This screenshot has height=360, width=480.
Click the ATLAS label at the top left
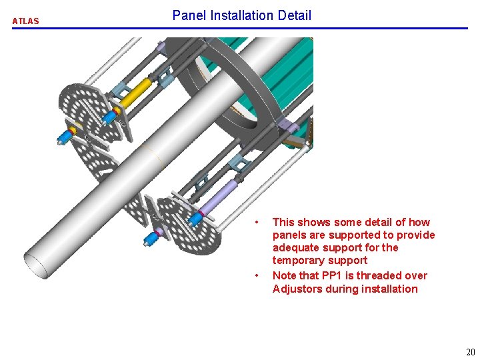click(x=26, y=21)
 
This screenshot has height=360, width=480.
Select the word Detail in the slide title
click(x=296, y=15)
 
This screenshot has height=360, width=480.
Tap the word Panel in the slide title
click(x=189, y=15)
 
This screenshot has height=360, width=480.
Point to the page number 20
click(x=471, y=353)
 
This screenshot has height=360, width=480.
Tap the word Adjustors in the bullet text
click(x=297, y=289)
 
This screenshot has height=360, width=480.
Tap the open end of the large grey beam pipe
click(x=37, y=265)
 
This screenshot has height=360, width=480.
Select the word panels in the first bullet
click(x=289, y=235)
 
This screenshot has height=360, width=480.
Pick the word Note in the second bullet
click(x=284, y=275)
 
